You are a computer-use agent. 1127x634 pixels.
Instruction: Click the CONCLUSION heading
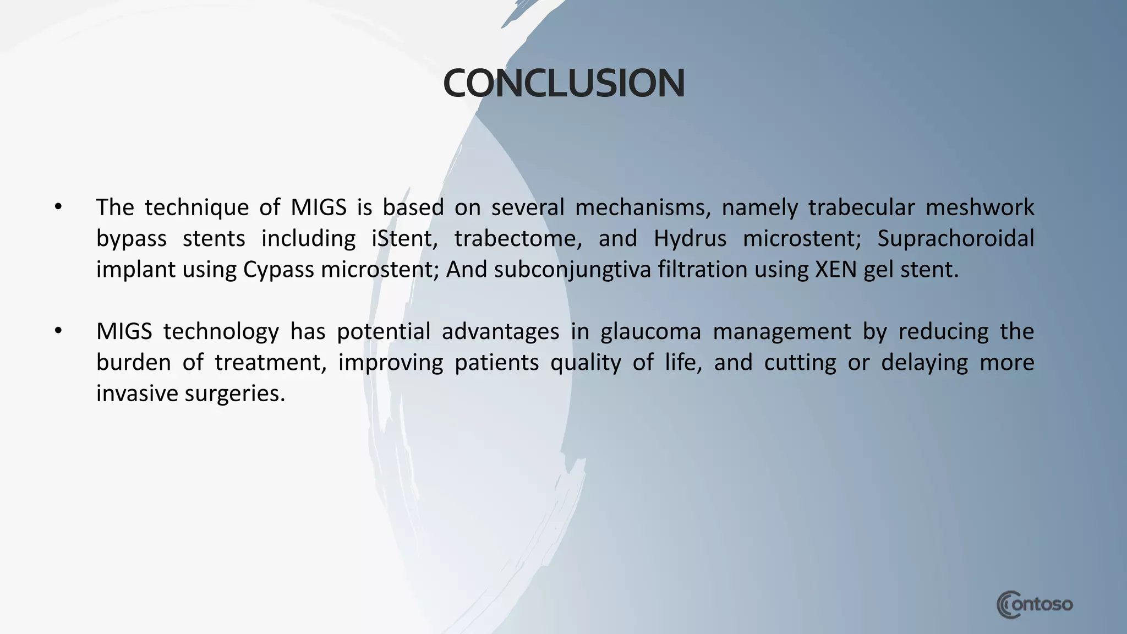[x=563, y=84]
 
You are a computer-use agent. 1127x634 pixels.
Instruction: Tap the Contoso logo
[x=1035, y=605]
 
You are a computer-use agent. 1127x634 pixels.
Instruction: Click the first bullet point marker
[x=58, y=207]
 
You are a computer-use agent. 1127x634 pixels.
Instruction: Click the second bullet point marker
[x=58, y=331]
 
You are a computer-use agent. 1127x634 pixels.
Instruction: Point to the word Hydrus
[x=690, y=239]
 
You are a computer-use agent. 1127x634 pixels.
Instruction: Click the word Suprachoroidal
[x=955, y=239]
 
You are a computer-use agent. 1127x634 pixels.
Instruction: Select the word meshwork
[x=980, y=207]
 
